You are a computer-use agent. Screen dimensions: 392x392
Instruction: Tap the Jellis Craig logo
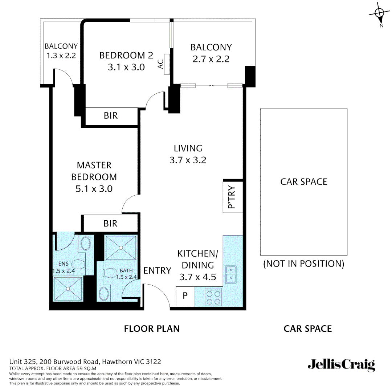pyautogui.click(x=341, y=365)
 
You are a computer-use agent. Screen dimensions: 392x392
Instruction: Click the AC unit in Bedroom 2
pyautogui.click(x=167, y=64)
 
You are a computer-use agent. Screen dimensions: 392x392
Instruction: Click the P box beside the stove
pyautogui.click(x=185, y=296)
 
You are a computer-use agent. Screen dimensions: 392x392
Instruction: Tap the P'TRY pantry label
pyautogui.click(x=232, y=198)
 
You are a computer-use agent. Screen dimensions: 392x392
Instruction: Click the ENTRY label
pyautogui.click(x=157, y=270)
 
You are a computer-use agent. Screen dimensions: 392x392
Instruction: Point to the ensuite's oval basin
pyautogui.click(x=86, y=243)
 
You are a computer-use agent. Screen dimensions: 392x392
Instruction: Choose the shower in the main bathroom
pyautogui.click(x=121, y=248)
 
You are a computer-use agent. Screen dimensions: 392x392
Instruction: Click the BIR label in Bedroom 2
pyautogui.click(x=111, y=115)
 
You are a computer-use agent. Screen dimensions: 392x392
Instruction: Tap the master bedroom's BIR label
pyautogui.click(x=110, y=223)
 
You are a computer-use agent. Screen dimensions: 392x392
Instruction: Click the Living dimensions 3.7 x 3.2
pyautogui.click(x=188, y=160)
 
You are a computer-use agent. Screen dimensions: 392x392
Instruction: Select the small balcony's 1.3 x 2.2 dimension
pyautogui.click(x=61, y=56)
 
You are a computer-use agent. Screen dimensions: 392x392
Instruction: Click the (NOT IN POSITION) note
pyautogui.click(x=303, y=264)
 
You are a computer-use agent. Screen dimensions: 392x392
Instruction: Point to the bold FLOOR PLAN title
pyautogui.click(x=152, y=329)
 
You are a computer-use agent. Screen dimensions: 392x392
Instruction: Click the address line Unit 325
pyautogui.click(x=85, y=362)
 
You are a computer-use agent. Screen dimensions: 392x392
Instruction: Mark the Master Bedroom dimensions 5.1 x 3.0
pyautogui.click(x=94, y=189)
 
